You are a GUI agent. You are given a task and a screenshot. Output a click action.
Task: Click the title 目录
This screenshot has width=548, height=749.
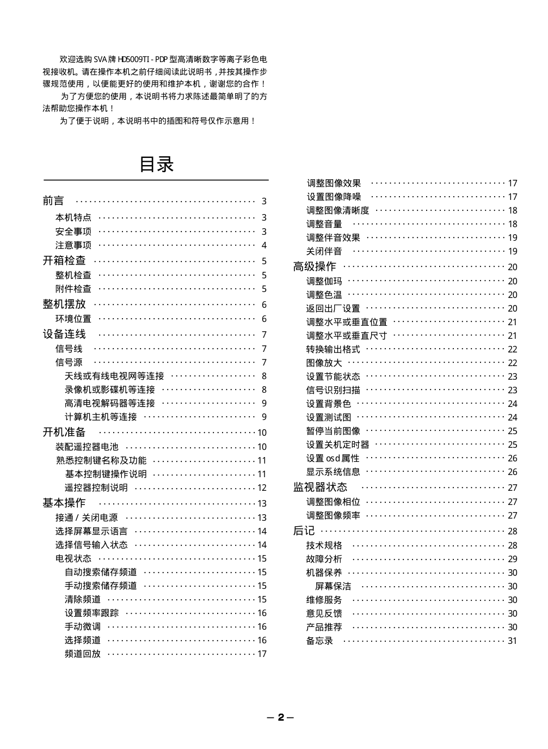156,164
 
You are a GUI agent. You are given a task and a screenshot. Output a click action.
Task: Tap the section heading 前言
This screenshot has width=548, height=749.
53,201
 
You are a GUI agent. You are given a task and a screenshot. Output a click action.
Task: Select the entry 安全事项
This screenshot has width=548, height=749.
73,232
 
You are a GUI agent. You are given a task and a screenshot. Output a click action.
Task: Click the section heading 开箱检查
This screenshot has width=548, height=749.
64,260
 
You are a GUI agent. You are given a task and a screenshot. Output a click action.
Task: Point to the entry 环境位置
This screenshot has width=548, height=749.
73,319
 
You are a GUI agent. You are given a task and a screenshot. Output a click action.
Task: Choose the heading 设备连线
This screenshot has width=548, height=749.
64,334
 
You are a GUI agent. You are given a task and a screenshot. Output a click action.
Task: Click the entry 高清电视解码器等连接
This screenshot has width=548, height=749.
110,403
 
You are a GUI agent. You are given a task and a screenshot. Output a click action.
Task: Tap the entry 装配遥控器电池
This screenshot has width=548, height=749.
87,447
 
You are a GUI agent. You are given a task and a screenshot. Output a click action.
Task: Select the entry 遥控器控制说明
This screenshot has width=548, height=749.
96,488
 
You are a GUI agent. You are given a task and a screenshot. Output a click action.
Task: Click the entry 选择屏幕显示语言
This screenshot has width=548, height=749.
91,531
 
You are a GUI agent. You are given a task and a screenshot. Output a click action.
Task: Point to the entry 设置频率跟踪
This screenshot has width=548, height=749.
91,613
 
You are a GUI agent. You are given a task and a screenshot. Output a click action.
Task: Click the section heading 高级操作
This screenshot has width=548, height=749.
315,266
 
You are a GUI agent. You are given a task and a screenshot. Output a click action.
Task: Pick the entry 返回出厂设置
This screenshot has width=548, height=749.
333,308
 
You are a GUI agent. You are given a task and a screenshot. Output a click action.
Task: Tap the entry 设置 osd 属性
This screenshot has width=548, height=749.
333,458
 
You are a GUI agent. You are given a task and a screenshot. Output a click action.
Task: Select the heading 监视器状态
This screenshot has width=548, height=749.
320,487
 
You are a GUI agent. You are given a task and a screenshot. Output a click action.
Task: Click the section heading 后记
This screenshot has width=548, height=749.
304,531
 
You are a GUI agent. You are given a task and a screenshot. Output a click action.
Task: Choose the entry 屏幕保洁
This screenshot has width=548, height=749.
333,586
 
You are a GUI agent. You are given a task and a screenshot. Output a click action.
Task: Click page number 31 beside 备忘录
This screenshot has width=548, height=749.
512,641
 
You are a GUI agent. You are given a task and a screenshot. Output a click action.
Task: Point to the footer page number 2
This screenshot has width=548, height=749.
281,717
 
